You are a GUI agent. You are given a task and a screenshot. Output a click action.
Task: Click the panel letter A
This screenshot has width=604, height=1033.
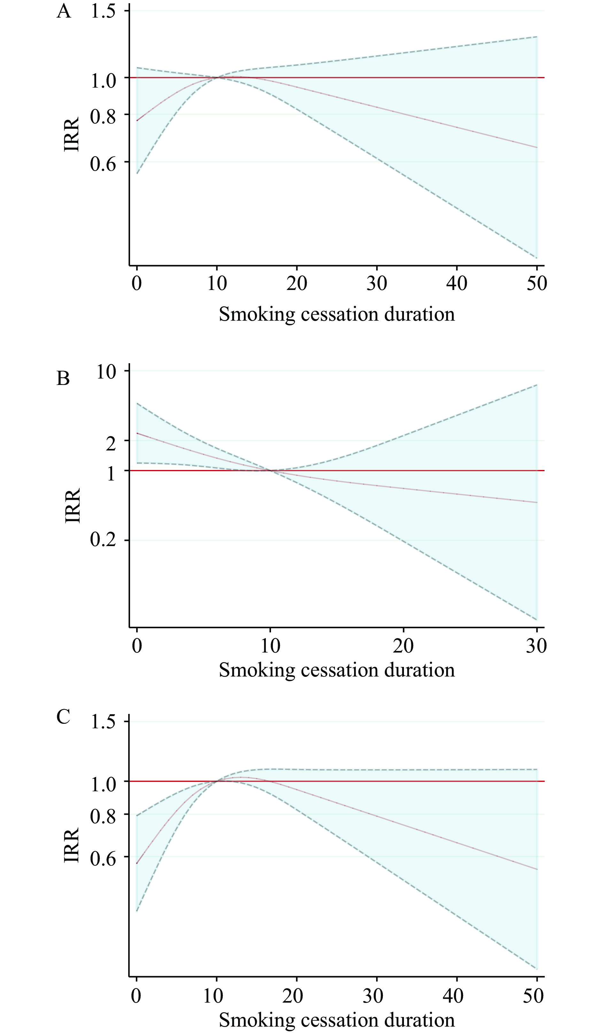pyautogui.click(x=64, y=11)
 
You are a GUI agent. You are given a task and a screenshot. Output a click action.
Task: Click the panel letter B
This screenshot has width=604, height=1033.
pyautogui.click(x=63, y=378)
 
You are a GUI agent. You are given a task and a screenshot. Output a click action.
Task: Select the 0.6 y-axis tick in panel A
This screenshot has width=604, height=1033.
pyautogui.click(x=103, y=164)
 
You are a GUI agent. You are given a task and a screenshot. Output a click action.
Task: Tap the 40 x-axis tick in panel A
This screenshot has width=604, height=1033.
pyautogui.click(x=456, y=283)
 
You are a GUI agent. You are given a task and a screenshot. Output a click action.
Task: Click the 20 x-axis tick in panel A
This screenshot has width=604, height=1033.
pyautogui.click(x=297, y=283)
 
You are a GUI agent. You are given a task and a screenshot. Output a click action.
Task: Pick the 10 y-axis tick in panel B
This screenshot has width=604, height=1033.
pyautogui.click(x=106, y=372)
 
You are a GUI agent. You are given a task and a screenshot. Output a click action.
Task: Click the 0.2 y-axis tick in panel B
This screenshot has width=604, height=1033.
pyautogui.click(x=103, y=540)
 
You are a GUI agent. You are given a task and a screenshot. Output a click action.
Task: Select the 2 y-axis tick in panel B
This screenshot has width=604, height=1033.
pyautogui.click(x=111, y=443)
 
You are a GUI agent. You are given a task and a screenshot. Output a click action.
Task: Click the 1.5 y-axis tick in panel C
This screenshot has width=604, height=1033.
pyautogui.click(x=103, y=722)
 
